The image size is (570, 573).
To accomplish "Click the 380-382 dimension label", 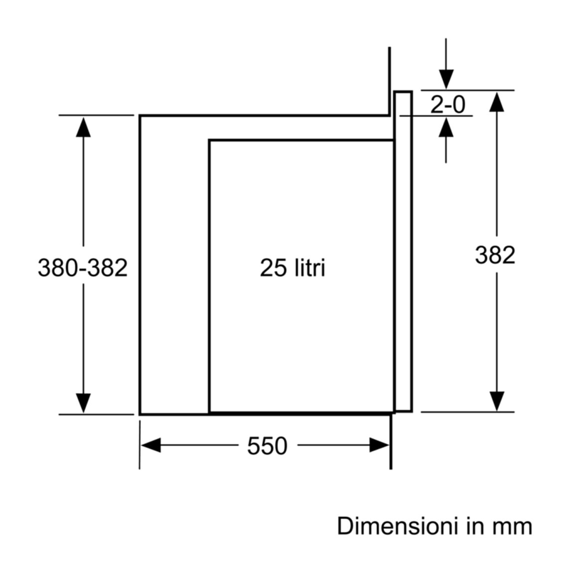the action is point(83,268).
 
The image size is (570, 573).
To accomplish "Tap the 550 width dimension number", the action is point(267,446).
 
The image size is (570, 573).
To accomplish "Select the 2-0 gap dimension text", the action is point(447,104).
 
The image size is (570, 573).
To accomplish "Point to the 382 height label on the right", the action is point(495,255).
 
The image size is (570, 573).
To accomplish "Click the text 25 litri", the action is point(292,268).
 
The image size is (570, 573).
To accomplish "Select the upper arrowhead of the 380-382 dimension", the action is point(83,127).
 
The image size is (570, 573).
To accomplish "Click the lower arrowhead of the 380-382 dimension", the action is point(83,403).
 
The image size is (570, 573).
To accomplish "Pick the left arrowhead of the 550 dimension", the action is point(151,445).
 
